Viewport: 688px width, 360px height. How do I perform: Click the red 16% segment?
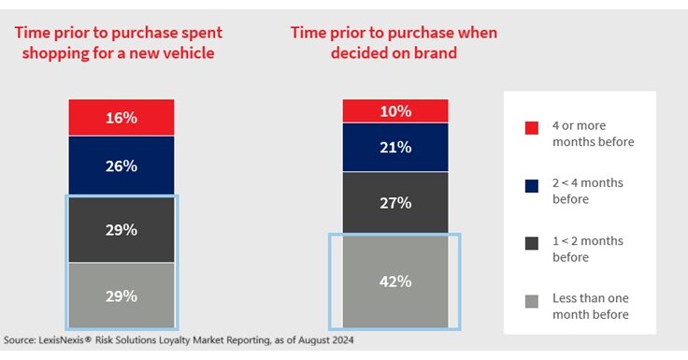(122, 118)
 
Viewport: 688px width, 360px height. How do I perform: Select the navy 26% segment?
(122, 166)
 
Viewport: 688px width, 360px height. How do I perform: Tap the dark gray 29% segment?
(122, 229)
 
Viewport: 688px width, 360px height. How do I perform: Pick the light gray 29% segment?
(122, 295)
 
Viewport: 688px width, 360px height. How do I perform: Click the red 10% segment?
(395, 110)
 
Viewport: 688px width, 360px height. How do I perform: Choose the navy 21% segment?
(395, 147)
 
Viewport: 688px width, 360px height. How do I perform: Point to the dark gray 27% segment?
(395, 201)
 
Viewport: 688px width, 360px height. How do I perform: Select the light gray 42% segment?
(395, 281)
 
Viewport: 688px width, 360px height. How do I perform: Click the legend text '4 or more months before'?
(592, 134)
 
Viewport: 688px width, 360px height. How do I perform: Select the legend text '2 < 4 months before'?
(592, 191)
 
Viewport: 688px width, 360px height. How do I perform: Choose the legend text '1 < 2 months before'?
(592, 248)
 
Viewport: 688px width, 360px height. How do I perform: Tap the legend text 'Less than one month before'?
(592, 306)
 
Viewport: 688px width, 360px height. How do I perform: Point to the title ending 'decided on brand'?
(394, 43)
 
